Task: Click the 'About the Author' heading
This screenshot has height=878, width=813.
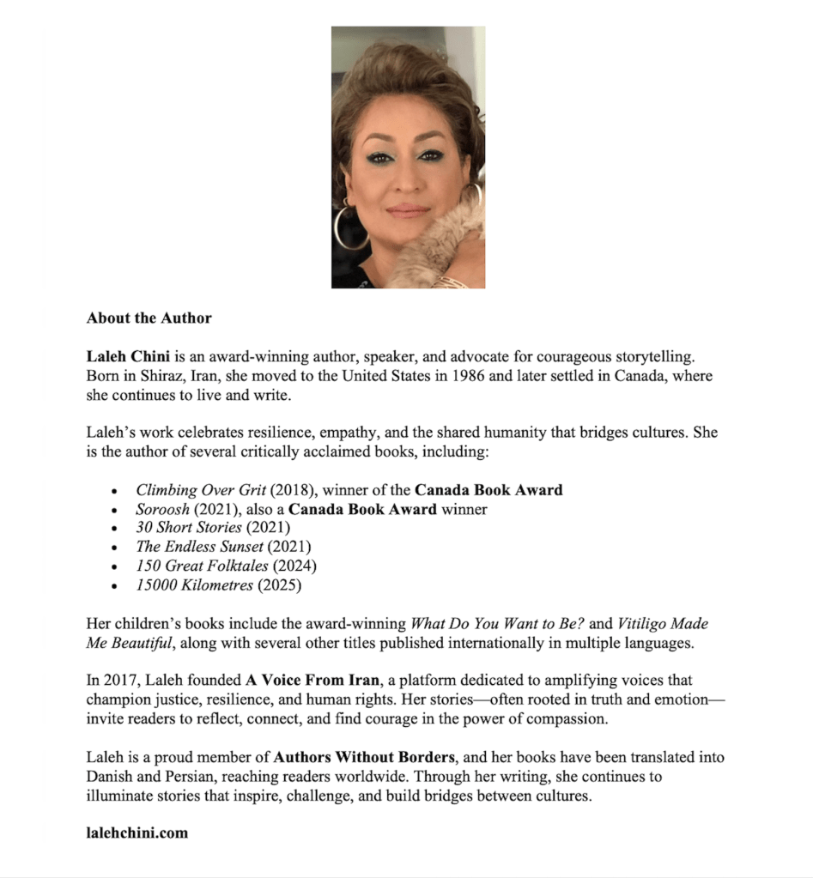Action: tap(149, 318)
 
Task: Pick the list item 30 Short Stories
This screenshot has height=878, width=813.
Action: tap(189, 528)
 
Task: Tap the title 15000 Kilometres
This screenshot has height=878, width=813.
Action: tap(195, 585)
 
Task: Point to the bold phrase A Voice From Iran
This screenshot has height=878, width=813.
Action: tap(301, 681)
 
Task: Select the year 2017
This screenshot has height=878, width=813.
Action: tap(120, 681)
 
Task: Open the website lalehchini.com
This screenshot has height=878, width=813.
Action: tap(137, 833)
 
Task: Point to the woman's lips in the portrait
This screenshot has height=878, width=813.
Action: tap(408, 210)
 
